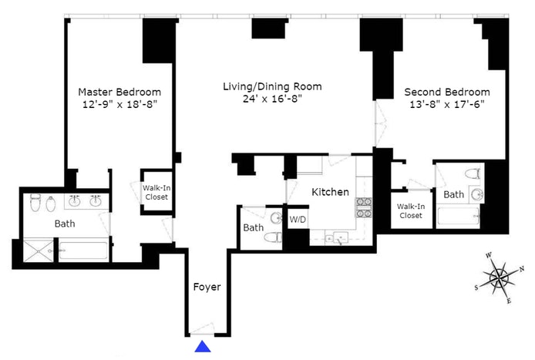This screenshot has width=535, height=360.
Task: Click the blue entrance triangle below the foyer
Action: [203, 346]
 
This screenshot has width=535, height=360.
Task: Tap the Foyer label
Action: [207, 287]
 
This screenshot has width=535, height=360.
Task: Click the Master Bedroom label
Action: [119, 92]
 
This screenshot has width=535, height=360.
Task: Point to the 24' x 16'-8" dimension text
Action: [272, 99]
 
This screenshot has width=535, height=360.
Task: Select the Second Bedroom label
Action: [447, 92]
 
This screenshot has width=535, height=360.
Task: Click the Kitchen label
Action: [330, 192]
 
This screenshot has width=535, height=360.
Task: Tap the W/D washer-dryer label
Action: [298, 220]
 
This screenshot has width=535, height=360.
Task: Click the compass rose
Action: [500, 278]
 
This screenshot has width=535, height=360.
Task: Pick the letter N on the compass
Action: [522, 269]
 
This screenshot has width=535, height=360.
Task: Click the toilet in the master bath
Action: [35, 203]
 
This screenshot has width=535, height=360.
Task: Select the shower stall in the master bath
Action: [39, 251]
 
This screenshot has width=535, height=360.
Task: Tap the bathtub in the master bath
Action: [83, 251]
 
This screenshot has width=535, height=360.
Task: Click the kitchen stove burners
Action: [364, 207]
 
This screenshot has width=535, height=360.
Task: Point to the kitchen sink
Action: [337, 238]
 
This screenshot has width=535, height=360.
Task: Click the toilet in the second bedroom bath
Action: [473, 174]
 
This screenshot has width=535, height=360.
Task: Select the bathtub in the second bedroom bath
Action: [458, 216]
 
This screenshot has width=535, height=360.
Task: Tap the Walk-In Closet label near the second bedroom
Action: [411, 211]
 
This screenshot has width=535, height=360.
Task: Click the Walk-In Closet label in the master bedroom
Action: [156, 193]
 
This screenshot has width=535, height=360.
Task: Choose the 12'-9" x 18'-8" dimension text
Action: [119, 104]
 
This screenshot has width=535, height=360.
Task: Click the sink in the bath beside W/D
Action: [277, 218]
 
